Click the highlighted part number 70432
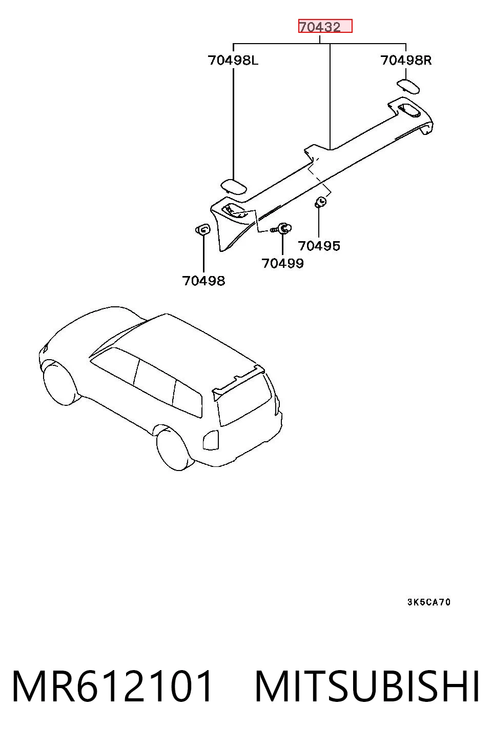click(x=320, y=27)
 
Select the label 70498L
click(x=233, y=60)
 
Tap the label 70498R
click(x=405, y=60)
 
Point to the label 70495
click(x=319, y=246)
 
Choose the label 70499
click(x=282, y=263)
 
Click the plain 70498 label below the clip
click(x=203, y=281)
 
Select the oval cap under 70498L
click(x=234, y=186)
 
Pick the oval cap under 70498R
click(x=408, y=86)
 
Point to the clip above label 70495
click(x=320, y=202)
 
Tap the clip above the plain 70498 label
click(x=202, y=229)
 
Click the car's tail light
click(x=211, y=440)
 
